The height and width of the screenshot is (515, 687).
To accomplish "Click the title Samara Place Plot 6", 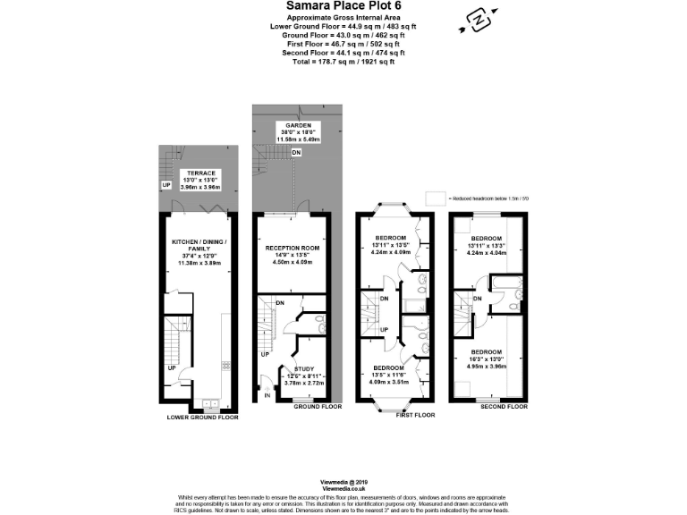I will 343,6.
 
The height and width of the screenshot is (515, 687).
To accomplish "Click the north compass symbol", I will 479,19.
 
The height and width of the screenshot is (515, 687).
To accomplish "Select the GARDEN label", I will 292,125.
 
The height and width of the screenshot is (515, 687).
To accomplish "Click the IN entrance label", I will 267,394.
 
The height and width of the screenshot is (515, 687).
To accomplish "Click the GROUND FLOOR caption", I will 318,407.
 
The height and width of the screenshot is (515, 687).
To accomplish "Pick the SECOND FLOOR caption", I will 503,407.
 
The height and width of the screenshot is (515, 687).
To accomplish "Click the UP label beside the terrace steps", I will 166,185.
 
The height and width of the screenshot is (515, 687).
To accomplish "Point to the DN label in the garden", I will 296,154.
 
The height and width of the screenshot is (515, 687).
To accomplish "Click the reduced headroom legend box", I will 436,197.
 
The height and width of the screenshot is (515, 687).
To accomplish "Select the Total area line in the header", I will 343,61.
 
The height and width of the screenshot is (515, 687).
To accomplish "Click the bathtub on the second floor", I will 511,289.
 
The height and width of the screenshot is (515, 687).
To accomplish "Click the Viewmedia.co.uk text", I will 343,489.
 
